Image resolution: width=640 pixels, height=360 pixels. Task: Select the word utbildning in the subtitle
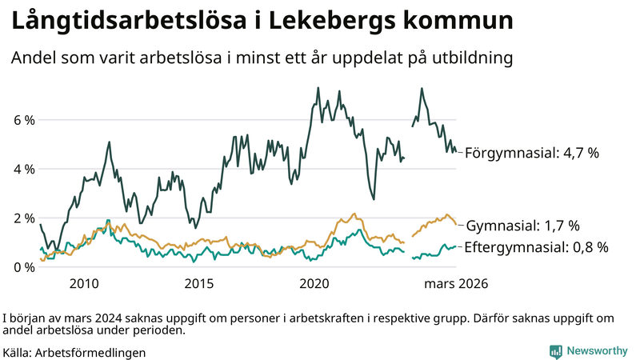pyautogui.click(x=470, y=58)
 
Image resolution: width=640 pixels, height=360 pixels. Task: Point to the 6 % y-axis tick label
pyautogui.click(x=24, y=120)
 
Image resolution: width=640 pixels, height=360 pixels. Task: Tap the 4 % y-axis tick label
pyautogui.click(x=24, y=169)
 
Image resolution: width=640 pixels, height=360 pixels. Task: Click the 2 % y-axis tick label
pyautogui.click(x=24, y=218)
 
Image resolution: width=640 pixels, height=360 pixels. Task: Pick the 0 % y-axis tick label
pyautogui.click(x=24, y=266)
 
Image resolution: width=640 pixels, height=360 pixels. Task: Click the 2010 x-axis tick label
pyautogui.click(x=84, y=283)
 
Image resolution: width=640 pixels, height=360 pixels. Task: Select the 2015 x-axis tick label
pyautogui.click(x=199, y=283)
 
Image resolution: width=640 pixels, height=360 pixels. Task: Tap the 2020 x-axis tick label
pyautogui.click(x=314, y=283)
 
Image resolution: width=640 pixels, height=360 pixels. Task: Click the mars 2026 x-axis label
pyautogui.click(x=456, y=283)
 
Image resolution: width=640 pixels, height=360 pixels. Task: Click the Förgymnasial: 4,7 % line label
pyautogui.click(x=531, y=152)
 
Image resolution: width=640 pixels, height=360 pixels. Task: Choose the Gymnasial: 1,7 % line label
pyautogui.click(x=522, y=226)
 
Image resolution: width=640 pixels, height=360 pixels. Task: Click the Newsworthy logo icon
pyautogui.click(x=555, y=350)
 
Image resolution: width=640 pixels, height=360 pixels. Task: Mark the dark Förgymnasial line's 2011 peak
pyautogui.click(x=108, y=142)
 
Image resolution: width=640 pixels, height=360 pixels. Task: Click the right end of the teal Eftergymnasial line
pyautogui.click(x=456, y=246)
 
